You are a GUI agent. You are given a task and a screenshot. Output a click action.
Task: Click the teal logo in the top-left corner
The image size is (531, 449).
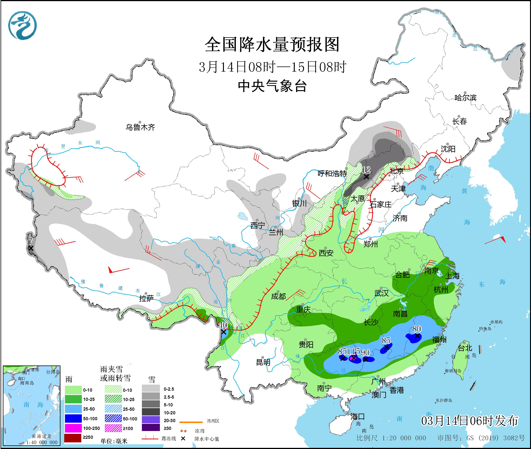pyautogui.click(x=22, y=25)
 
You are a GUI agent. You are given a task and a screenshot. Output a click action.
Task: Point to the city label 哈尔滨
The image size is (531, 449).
pyautogui.click(x=465, y=98)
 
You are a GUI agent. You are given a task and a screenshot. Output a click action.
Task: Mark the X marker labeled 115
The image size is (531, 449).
pyautogui.click(x=354, y=358)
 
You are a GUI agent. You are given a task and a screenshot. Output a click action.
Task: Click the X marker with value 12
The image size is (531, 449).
pyautogui.click(x=366, y=176)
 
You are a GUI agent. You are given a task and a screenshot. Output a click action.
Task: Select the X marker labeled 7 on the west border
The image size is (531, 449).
pyautogui.click(x=30, y=248)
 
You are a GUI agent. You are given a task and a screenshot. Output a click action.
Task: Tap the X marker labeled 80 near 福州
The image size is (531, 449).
pyautogui.click(x=417, y=336)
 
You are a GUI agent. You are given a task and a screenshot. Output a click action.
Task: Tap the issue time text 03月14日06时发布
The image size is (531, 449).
pyautogui.click(x=469, y=421)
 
